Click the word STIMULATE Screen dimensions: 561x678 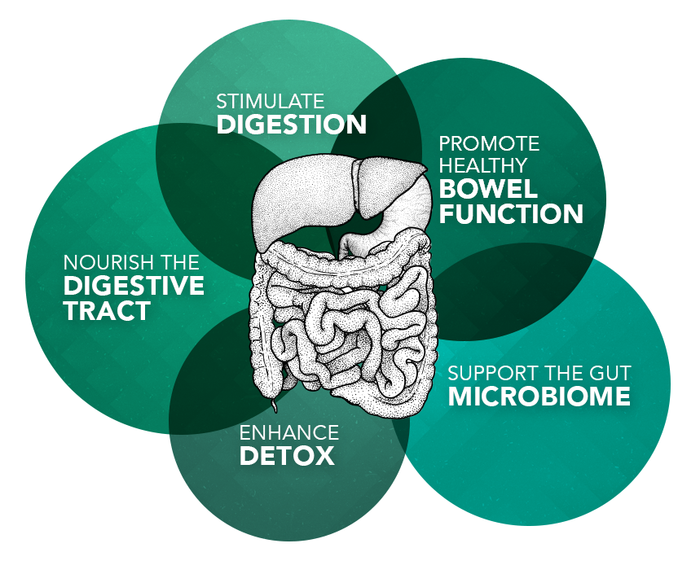click(270, 102)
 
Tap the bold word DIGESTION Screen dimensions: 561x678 click(291, 125)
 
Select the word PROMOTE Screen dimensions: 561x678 click(489, 144)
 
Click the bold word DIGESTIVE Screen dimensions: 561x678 click(134, 286)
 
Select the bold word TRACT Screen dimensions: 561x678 click(107, 311)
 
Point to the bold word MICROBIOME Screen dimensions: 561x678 click(539, 397)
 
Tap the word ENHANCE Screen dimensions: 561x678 click(288, 432)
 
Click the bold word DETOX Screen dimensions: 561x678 click(288, 456)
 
